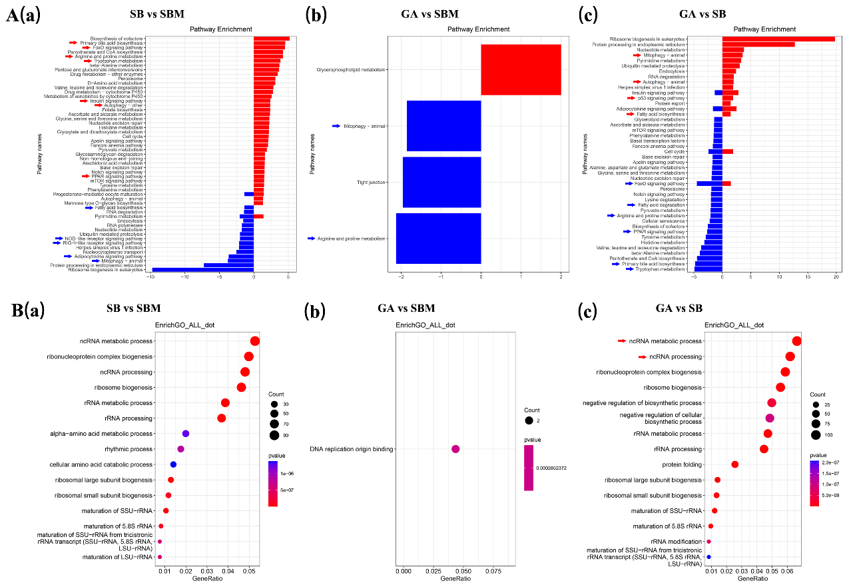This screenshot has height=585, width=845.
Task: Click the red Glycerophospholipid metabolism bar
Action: pos(521,69)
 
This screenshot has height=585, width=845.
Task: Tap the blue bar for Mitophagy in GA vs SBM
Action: pos(443,126)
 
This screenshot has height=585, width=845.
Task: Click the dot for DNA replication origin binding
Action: pos(455,449)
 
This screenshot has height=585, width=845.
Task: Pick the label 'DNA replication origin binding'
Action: pos(352,449)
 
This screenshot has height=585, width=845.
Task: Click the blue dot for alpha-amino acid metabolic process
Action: pos(186,434)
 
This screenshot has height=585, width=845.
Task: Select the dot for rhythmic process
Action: pos(180,449)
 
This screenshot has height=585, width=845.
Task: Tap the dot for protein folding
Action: pos(735,464)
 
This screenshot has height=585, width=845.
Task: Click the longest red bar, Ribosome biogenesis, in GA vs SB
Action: pos(778,39)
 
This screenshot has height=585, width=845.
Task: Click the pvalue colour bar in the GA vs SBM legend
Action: pos(529,468)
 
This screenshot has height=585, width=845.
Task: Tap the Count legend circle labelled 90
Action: pos(274,435)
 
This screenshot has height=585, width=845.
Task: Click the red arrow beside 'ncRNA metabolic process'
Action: pos(622,341)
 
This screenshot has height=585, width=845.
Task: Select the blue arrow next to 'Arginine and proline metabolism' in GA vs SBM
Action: pos(313,239)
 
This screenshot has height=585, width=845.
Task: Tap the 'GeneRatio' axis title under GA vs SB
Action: pos(754,578)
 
